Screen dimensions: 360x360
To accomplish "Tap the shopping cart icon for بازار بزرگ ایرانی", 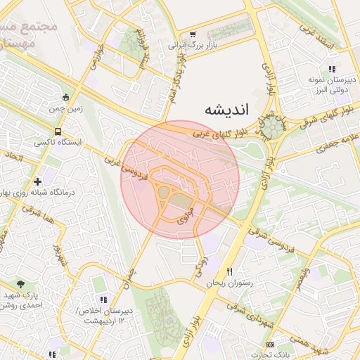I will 193,34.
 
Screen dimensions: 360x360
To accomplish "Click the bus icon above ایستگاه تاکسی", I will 57,131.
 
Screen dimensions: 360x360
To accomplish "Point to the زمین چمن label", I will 65,110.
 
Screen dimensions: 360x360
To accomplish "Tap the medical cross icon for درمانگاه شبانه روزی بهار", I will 37,181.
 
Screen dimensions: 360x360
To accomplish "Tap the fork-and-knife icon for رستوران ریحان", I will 229,271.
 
